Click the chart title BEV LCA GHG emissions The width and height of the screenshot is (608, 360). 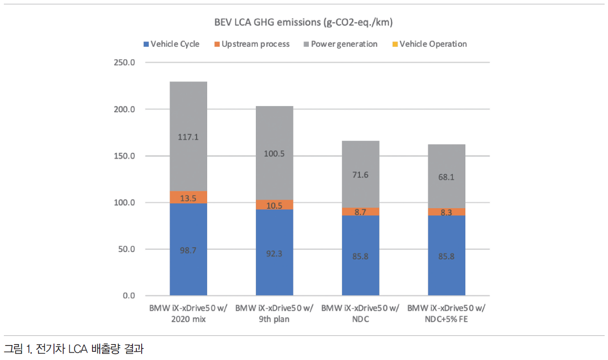click(304, 23)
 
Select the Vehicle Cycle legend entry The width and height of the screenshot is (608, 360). click(171, 44)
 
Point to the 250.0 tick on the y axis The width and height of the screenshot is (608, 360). click(124, 63)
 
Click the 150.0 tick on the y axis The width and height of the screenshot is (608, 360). click(124, 156)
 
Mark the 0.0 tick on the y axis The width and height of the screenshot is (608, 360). click(128, 295)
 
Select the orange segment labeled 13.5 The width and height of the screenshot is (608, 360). click(188, 197)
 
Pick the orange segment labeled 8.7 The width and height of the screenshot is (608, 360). click(360, 212)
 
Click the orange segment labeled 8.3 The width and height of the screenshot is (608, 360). click(447, 212)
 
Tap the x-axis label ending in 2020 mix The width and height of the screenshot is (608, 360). click(188, 313)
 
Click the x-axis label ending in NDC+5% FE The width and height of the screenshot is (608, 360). click(447, 313)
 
